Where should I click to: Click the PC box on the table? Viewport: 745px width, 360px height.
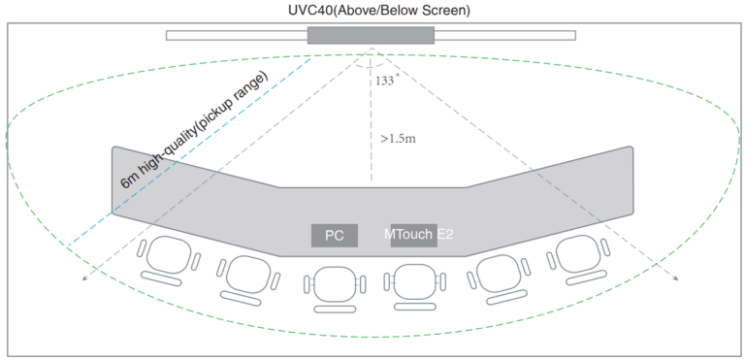335,235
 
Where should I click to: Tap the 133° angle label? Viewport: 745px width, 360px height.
385,81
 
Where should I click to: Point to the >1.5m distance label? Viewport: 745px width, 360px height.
398,139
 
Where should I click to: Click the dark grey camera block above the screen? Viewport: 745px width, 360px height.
371,35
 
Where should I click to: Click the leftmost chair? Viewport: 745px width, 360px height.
170,257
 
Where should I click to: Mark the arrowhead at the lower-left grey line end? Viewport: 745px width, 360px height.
84,279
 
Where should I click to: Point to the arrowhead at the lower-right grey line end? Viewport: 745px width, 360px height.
676,279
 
